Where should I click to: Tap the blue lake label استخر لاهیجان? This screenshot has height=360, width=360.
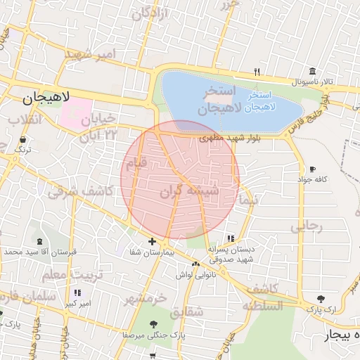coord(273,100)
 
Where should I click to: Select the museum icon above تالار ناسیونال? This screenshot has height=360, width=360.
coord(311,71)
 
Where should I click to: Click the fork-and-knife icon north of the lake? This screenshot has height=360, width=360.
coord(257,72)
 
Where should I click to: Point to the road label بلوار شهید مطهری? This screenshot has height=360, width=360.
coord(230,139)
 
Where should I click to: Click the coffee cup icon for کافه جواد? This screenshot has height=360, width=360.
coord(312,169)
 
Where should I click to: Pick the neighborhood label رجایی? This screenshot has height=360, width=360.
coord(306,226)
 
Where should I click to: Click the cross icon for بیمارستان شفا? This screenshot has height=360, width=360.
coord(152,241)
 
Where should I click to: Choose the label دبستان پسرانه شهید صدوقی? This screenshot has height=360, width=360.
coord(232,253)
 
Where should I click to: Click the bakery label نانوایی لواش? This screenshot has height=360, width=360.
coord(190,275)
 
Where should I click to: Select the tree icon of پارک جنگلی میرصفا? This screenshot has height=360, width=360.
coord(153,324)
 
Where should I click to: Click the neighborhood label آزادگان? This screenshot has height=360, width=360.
coord(150,12)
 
